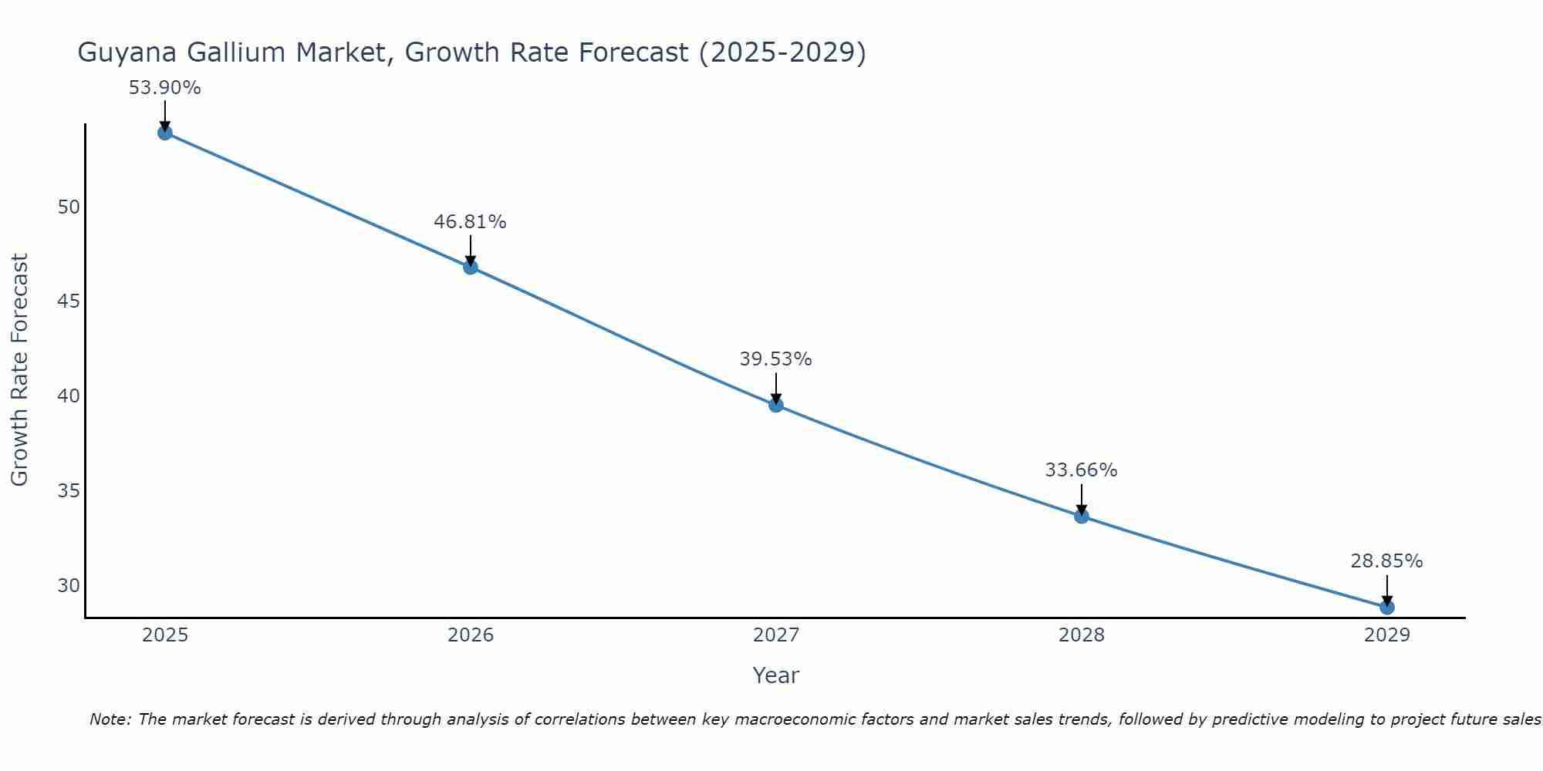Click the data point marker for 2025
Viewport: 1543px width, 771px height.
coord(165,133)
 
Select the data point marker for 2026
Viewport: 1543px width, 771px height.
coord(471,268)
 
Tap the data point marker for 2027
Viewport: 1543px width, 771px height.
coord(776,405)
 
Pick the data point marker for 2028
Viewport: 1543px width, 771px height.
coord(1082,516)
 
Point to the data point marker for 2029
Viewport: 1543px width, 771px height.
coord(1387,608)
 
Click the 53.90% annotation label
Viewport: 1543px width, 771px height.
coord(164,88)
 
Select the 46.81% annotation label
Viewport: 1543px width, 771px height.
coord(470,222)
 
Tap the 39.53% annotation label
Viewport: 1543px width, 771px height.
coord(775,359)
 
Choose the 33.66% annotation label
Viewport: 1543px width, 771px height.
coord(1081,470)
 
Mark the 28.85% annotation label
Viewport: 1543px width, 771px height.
coord(1386,561)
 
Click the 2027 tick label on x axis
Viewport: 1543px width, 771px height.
coord(776,635)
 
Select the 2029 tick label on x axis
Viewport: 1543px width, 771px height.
coord(1387,635)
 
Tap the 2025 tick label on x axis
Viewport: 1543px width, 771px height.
coord(165,635)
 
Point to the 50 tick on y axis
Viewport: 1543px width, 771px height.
coord(69,207)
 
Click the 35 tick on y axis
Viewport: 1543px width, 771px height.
coord(69,491)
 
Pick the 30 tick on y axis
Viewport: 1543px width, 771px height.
coord(69,586)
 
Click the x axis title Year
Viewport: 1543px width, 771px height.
coord(775,675)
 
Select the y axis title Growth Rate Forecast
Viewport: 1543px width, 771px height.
coord(19,370)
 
